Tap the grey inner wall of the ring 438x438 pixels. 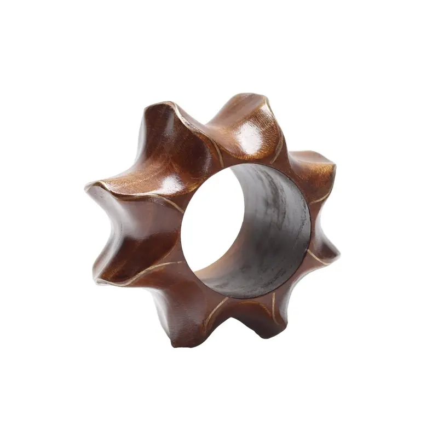click(274, 230)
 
